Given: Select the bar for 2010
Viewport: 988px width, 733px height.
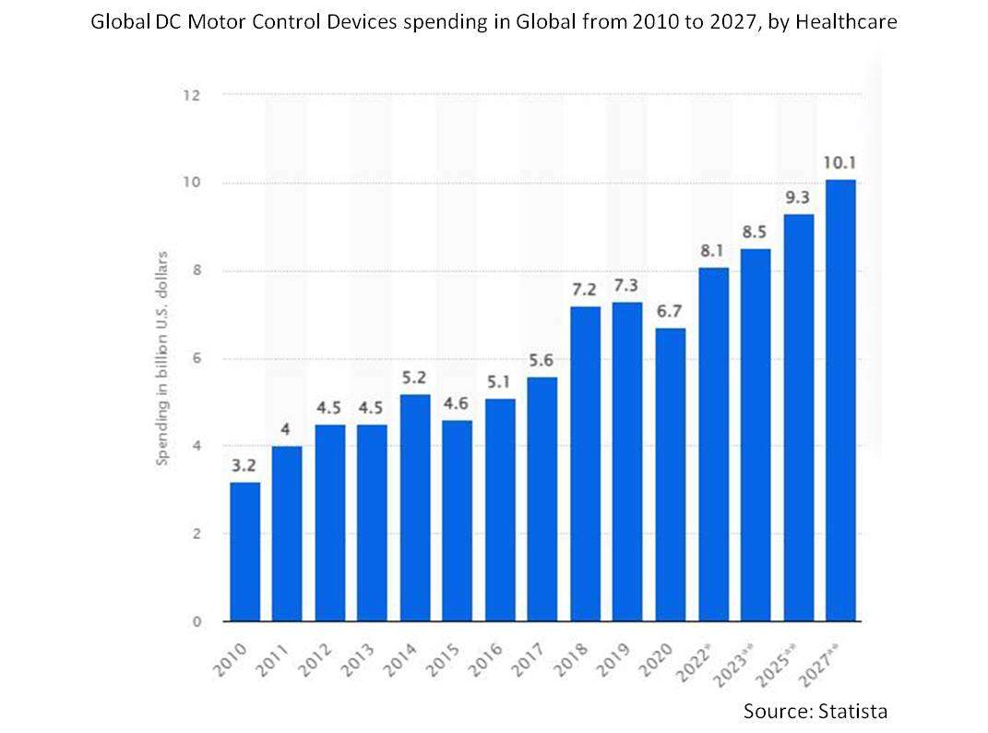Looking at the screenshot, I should coord(244,551).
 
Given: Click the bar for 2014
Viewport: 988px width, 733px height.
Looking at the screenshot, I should coord(415,508).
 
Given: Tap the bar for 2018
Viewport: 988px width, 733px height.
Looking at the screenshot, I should coord(586,463).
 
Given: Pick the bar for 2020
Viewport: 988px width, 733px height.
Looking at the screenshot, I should coord(671,475).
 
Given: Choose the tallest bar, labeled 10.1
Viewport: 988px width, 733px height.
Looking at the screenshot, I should coord(840,400).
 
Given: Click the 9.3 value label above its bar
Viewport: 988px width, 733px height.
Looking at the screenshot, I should coord(798,197).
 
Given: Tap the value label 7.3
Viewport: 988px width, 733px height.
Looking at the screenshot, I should coord(628,284).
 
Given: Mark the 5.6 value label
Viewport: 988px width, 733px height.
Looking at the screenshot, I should coord(543,359).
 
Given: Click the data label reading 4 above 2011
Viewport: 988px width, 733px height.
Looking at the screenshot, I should coord(287,428).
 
